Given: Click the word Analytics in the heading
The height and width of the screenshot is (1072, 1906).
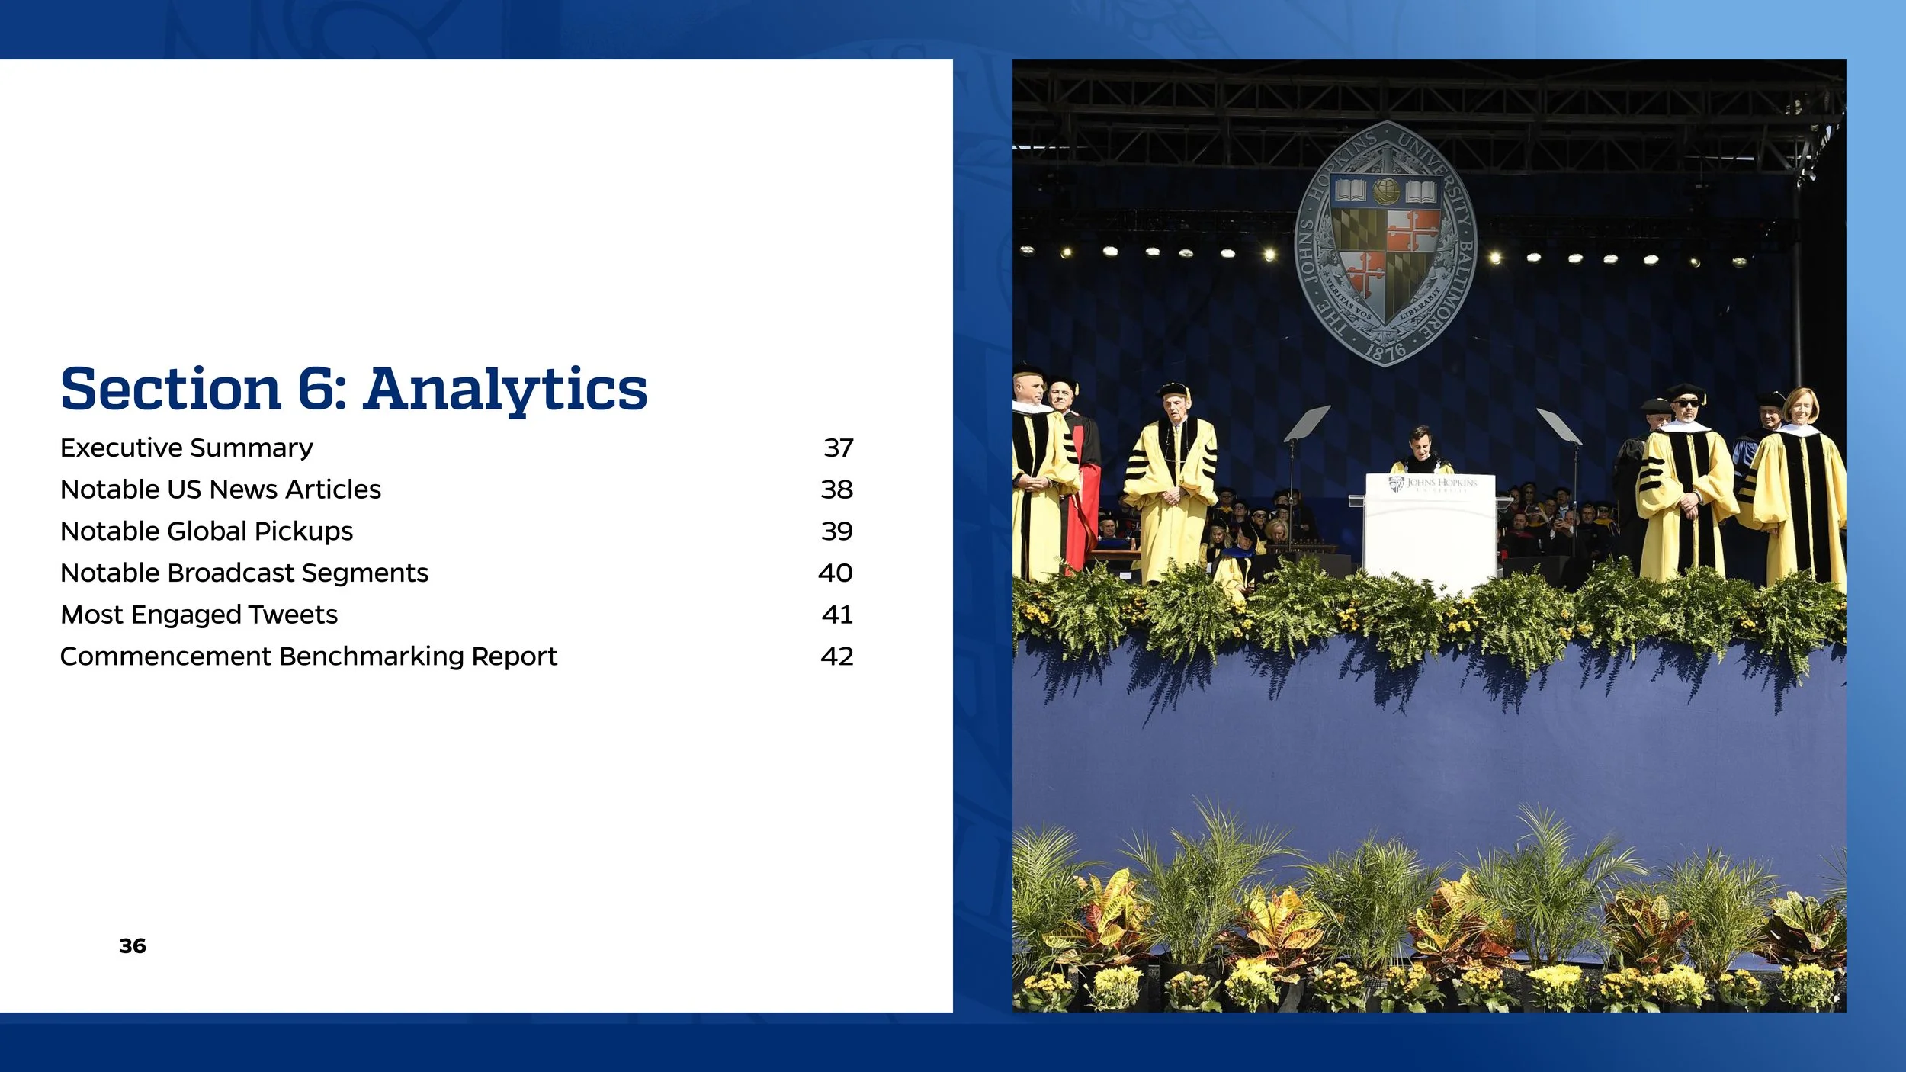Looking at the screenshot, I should (x=505, y=390).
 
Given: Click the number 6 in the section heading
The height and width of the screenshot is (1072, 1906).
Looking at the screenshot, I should (x=315, y=389).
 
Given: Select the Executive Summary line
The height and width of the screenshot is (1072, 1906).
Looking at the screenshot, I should (x=186, y=448).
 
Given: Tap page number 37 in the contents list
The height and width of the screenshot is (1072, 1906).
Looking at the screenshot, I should (x=838, y=448).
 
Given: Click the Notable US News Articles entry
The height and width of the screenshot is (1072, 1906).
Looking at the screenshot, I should (x=220, y=489).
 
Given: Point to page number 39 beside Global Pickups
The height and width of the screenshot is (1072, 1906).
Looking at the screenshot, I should (x=836, y=531).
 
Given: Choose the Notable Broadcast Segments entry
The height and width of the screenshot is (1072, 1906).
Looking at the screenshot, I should (x=244, y=573).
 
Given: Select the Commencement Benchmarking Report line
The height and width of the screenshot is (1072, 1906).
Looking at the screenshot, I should (x=308, y=656).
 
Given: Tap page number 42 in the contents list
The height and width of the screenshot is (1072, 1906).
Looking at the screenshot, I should (x=836, y=656).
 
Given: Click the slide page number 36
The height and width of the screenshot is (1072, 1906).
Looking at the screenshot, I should (x=133, y=946).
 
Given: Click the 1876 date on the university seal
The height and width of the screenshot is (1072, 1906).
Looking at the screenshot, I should (x=1385, y=351).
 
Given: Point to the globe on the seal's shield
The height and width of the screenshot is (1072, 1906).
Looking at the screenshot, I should (x=1386, y=191).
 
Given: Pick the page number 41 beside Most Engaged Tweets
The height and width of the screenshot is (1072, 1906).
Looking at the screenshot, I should (x=836, y=615).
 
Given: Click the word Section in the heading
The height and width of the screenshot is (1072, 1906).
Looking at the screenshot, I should (x=171, y=390).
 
